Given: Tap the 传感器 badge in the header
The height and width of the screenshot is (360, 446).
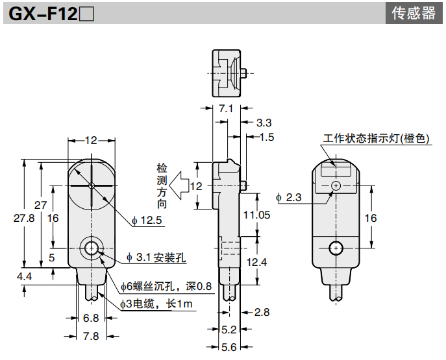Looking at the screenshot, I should tap(414, 13).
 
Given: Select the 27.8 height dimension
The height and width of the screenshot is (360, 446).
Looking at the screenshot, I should tap(24, 219).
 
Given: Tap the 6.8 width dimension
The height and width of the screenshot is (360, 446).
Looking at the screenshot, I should tap(92, 318).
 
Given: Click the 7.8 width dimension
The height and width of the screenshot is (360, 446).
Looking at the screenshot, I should tap(92, 336).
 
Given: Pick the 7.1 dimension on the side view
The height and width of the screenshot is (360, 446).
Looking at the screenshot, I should tap(225, 108).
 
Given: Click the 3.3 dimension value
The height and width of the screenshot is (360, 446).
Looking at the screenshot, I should tap(264, 122).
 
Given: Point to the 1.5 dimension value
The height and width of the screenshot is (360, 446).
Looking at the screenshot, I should tap(267, 137).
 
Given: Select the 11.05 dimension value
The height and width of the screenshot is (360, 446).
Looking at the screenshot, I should tap(256, 215).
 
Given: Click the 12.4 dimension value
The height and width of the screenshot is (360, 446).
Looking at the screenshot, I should tap(256, 262).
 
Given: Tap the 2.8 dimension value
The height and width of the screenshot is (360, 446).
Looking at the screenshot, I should tap(262, 312).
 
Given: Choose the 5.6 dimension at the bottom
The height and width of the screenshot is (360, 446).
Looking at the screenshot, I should tap(229, 347).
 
